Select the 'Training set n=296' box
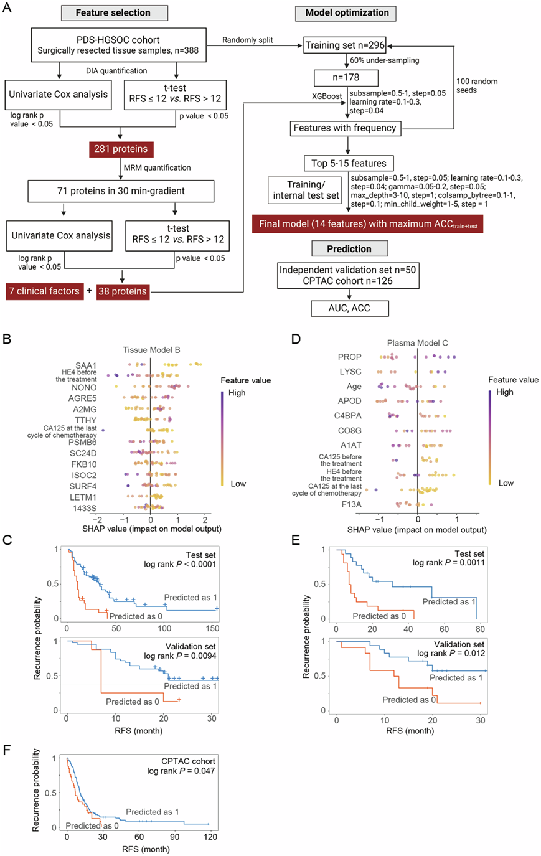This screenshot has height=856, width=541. (345, 45)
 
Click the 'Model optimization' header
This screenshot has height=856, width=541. (347, 12)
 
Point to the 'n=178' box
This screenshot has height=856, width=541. (345, 78)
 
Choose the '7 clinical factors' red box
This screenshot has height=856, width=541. (44, 291)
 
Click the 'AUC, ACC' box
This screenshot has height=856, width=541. (349, 308)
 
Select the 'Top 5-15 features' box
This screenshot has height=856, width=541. (349, 163)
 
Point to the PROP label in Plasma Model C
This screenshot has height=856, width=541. (349, 357)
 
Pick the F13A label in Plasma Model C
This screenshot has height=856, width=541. (350, 504)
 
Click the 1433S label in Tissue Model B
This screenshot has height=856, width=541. (85, 509)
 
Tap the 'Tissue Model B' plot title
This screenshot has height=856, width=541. (151, 349)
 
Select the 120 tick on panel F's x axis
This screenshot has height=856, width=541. (210, 837)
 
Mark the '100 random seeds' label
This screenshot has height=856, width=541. (477, 86)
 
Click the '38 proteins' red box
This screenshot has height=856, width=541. (123, 291)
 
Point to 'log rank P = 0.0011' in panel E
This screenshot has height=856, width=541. (448, 563)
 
